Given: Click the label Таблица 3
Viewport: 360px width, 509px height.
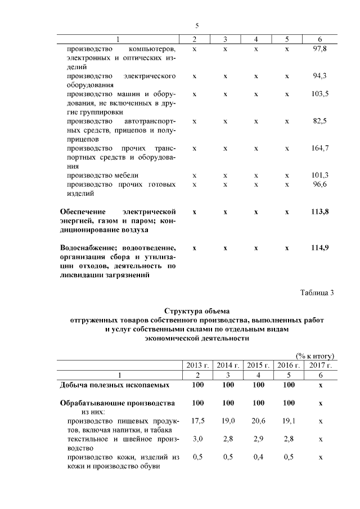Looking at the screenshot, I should coord(317,292).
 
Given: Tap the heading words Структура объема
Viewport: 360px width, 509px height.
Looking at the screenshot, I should coord(197,310).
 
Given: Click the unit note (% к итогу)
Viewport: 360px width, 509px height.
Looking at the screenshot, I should coord(315,355).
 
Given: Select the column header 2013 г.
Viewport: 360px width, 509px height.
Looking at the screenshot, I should coord(197,366).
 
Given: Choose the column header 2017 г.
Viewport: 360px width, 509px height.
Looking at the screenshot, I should coord(320,366).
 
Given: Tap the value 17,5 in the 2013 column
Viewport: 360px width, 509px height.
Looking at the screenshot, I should coord(197,420).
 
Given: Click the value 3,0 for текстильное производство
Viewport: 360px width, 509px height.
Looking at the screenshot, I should coord(197,438).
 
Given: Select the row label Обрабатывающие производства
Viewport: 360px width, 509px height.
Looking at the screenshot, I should coord(117,403).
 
